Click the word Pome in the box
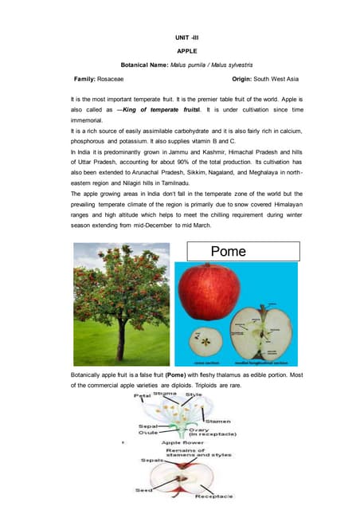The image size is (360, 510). [x=229, y=251]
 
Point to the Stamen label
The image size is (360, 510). [x=217, y=420]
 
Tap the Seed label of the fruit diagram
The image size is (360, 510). [x=147, y=489]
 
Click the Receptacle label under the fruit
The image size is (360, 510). [x=216, y=496]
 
